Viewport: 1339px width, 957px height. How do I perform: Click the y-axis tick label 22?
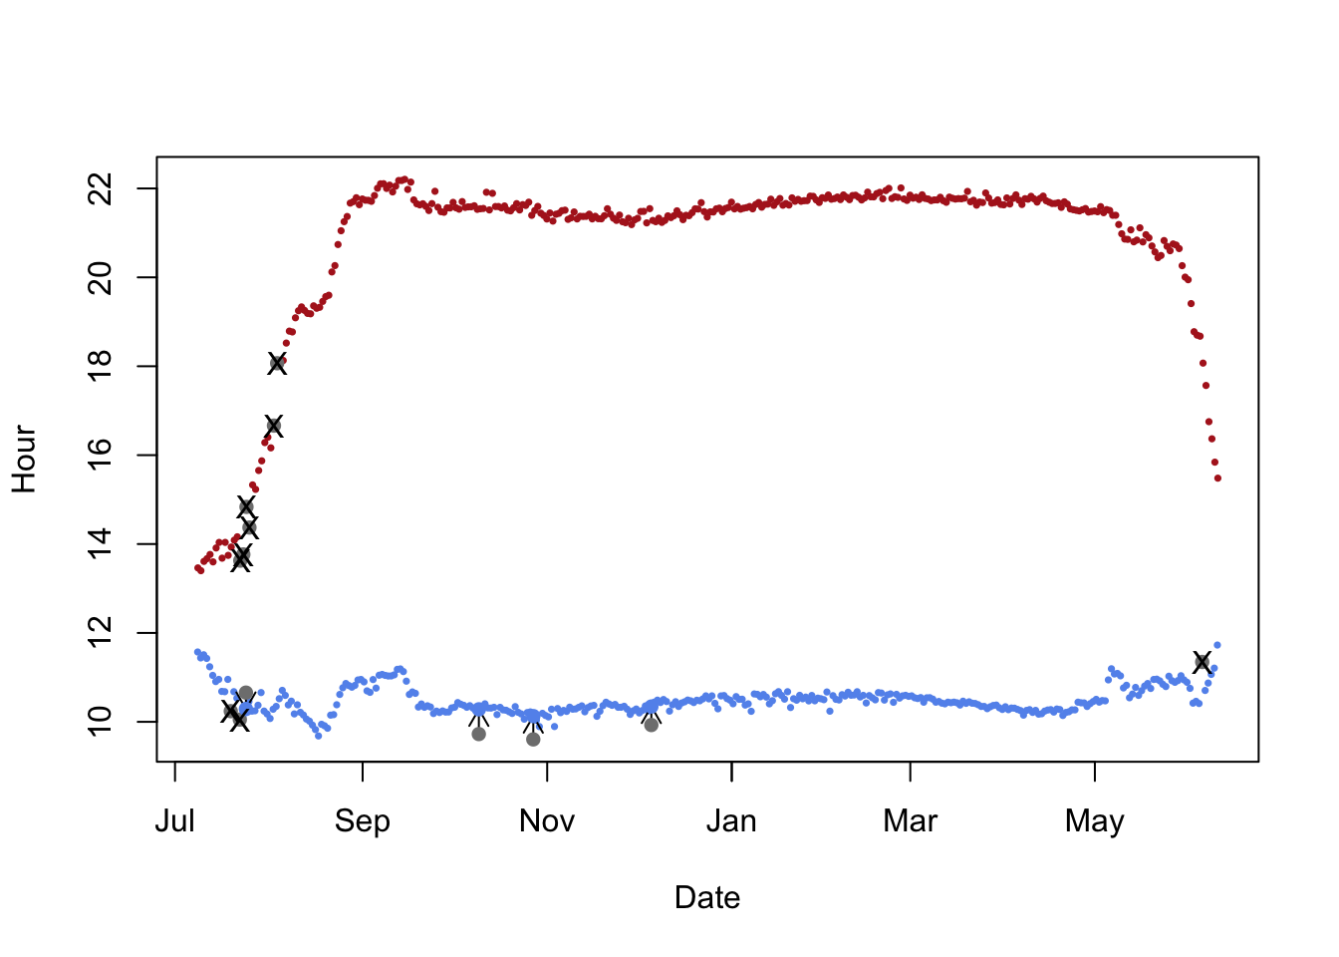[101, 188]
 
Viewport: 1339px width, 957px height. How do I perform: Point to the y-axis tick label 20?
[101, 277]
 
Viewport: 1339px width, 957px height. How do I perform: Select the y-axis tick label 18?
[101, 366]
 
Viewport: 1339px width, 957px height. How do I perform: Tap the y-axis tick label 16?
[101, 455]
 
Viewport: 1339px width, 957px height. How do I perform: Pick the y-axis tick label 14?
[101, 543]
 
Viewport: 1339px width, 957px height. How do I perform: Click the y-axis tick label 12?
[101, 633]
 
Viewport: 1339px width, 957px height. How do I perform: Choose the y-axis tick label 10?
[101, 722]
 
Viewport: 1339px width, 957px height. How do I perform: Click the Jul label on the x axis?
[175, 821]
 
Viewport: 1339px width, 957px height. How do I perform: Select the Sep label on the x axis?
[363, 821]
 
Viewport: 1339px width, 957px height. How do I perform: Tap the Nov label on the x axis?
[547, 821]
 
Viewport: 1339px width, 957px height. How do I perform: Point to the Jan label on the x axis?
[731, 821]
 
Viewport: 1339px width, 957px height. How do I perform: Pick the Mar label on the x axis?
[911, 821]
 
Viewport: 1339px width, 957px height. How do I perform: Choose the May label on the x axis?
[1095, 821]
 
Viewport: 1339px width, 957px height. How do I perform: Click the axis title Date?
[707, 898]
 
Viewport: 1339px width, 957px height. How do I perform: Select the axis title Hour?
[25, 460]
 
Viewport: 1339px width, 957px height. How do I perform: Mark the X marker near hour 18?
[277, 364]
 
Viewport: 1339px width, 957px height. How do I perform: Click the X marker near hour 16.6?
[273, 426]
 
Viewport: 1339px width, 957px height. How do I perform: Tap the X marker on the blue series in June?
[1202, 662]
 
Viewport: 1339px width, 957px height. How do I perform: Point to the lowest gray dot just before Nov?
[533, 739]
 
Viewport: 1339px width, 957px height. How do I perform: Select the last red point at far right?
[1217, 478]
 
